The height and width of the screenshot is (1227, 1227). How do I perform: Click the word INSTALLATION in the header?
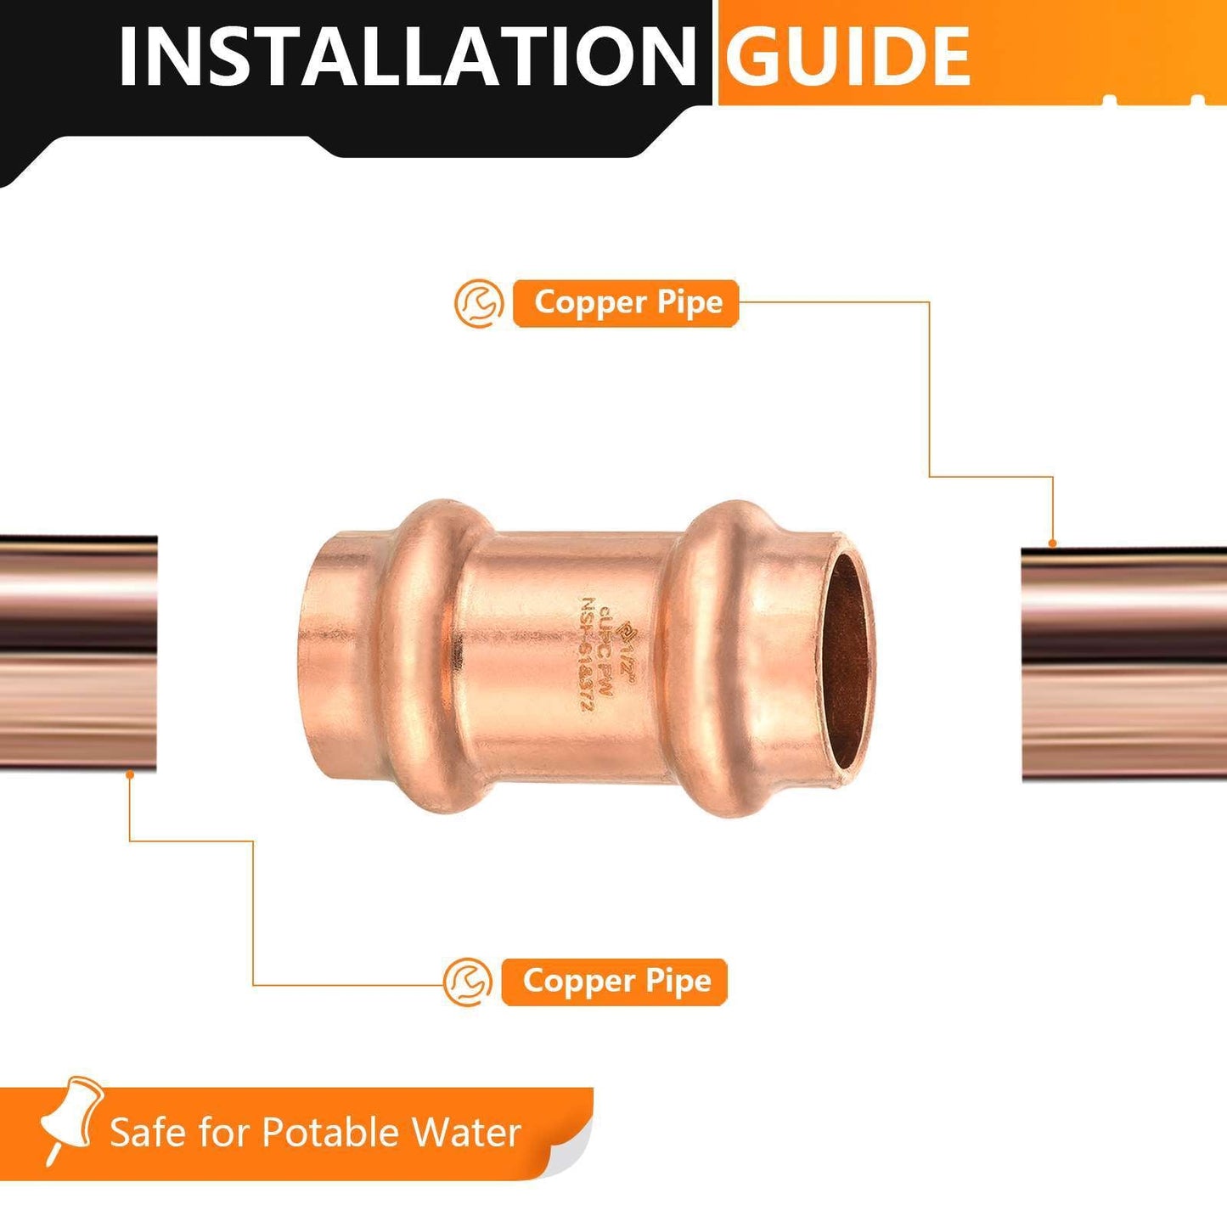[406, 56]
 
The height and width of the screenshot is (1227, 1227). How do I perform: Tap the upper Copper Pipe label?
[627, 303]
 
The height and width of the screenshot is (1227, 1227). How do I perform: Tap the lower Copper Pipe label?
[616, 982]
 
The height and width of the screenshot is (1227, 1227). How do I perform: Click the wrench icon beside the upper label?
[479, 303]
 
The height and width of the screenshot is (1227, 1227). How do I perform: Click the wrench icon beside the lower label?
[468, 982]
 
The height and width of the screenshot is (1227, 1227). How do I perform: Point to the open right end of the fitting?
[848, 658]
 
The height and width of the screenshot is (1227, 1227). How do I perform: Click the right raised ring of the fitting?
[710, 658]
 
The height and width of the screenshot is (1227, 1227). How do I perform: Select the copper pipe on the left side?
[78, 654]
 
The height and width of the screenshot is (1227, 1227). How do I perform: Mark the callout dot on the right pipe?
[1053, 543]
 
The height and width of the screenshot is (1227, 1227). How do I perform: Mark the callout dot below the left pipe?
[129, 774]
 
